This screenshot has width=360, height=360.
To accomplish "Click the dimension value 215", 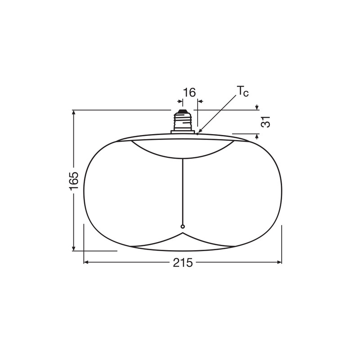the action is pyautogui.click(x=183, y=262).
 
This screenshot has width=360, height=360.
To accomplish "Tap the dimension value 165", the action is pyautogui.click(x=74, y=181).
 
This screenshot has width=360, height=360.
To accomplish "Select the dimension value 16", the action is pyautogui.click(x=189, y=93).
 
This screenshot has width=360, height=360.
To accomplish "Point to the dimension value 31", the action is pyautogui.click(x=265, y=121).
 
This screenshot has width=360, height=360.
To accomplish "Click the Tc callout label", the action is pyautogui.click(x=243, y=91).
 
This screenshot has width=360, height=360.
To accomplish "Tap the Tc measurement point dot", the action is pyautogui.click(x=198, y=134).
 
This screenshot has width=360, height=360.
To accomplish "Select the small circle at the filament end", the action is pyautogui.click(x=183, y=227).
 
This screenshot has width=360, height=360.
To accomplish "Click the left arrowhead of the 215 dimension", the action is pyautogui.click(x=86, y=262).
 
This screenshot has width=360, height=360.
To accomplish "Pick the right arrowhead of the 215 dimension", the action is pyautogui.click(x=279, y=262).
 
